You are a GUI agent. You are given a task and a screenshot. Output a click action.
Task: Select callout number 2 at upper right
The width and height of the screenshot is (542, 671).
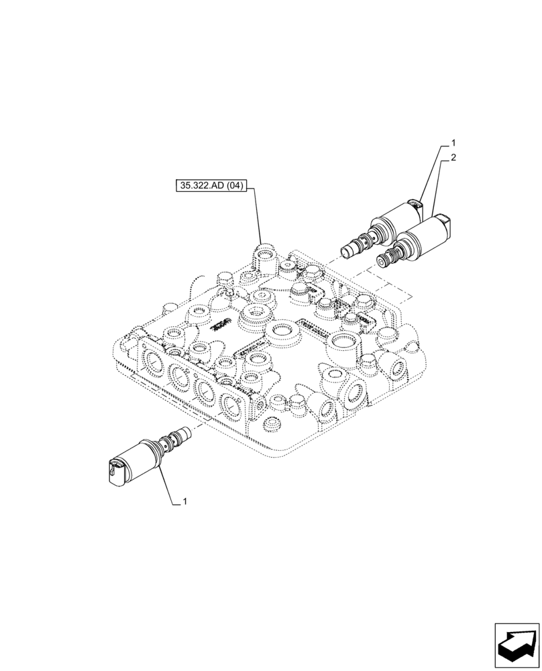click(454, 158)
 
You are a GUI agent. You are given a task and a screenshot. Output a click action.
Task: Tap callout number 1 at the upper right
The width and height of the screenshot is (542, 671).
click(454, 143)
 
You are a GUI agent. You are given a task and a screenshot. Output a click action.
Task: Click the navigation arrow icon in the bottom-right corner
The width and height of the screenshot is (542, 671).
click(517, 645)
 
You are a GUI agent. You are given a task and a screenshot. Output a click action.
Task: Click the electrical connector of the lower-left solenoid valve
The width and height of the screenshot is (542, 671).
click(115, 467)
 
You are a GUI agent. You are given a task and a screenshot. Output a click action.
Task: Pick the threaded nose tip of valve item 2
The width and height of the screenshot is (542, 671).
click(385, 260)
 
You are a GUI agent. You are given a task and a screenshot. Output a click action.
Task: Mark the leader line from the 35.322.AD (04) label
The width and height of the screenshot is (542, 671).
click(258, 215)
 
